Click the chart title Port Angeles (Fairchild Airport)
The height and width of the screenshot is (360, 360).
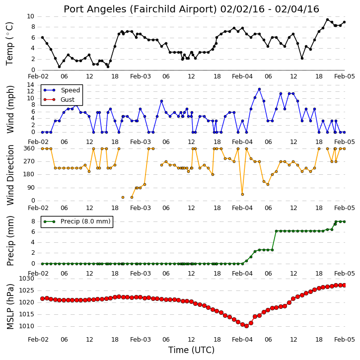click(140, 9)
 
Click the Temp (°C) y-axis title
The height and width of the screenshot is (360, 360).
click(9, 44)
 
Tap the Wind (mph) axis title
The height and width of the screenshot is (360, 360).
click(10, 109)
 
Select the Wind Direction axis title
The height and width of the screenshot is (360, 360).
click(10, 175)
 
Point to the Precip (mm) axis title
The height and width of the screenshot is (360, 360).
click(10, 241)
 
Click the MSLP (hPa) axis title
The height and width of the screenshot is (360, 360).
click(10, 307)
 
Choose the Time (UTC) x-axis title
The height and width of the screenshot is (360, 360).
click(191, 350)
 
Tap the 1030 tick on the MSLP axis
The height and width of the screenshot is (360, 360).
click(26, 279)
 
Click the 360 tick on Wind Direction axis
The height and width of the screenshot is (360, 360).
click(29, 148)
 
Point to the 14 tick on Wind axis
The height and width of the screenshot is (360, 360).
click(30, 85)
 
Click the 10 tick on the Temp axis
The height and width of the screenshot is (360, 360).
click(30, 16)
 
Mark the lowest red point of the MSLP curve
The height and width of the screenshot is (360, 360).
click(247, 326)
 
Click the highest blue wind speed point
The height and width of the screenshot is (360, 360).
click(259, 89)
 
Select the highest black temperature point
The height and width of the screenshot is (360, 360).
click(328, 20)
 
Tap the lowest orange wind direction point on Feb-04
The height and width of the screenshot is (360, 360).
click(242, 195)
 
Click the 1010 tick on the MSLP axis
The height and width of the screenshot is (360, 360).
click(26, 326)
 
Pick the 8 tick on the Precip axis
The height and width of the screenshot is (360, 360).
click(33, 221)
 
